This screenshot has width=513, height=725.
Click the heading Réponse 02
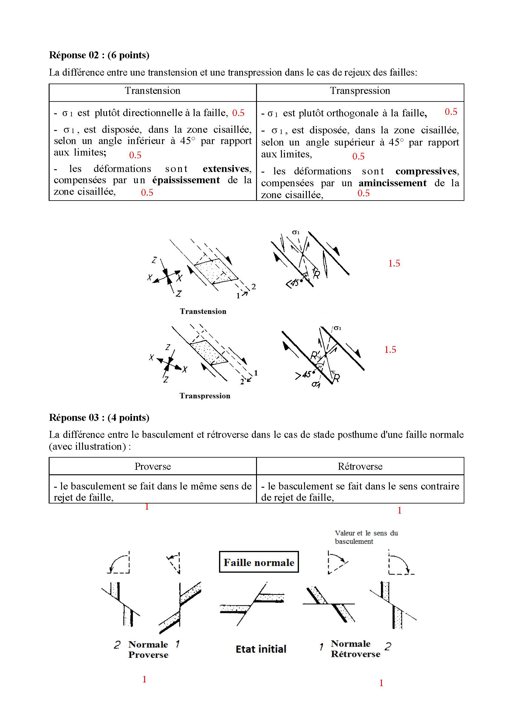(99, 55)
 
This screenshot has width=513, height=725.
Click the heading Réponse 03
(99, 417)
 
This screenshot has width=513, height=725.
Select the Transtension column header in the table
(152, 91)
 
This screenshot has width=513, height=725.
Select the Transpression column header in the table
(360, 91)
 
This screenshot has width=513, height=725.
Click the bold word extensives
(226, 169)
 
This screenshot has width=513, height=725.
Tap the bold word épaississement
(186, 180)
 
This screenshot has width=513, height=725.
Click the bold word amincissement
(392, 183)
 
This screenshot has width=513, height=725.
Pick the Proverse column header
(152, 466)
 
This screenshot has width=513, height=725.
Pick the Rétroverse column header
(360, 466)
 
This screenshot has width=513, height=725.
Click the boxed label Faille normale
(258, 562)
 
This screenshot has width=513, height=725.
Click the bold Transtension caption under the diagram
(203, 311)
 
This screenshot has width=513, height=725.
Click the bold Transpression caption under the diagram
(205, 396)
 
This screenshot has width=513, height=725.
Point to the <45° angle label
(293, 283)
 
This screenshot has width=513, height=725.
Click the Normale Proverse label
(148, 649)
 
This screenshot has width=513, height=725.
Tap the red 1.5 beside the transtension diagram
(394, 263)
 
